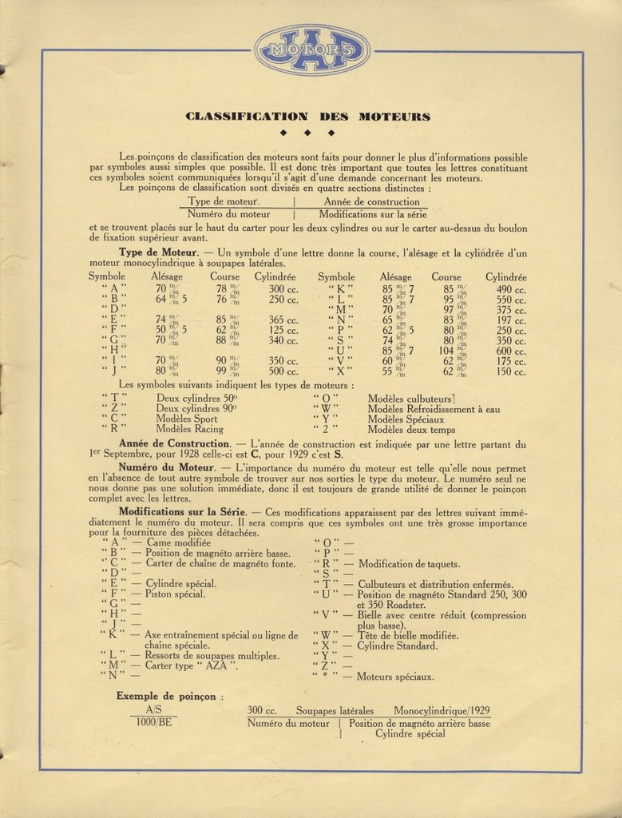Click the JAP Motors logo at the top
313,50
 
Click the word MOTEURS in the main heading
394,117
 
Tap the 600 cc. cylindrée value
509,351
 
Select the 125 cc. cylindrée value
283,329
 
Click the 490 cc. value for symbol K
509,289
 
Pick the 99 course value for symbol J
225,371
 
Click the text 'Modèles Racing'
189,428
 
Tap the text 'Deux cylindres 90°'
197,407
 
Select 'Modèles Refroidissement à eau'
434,408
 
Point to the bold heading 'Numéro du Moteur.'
167,465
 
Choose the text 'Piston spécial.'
175,594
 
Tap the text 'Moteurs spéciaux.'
396,677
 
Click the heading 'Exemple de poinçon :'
170,695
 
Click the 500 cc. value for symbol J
283,371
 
